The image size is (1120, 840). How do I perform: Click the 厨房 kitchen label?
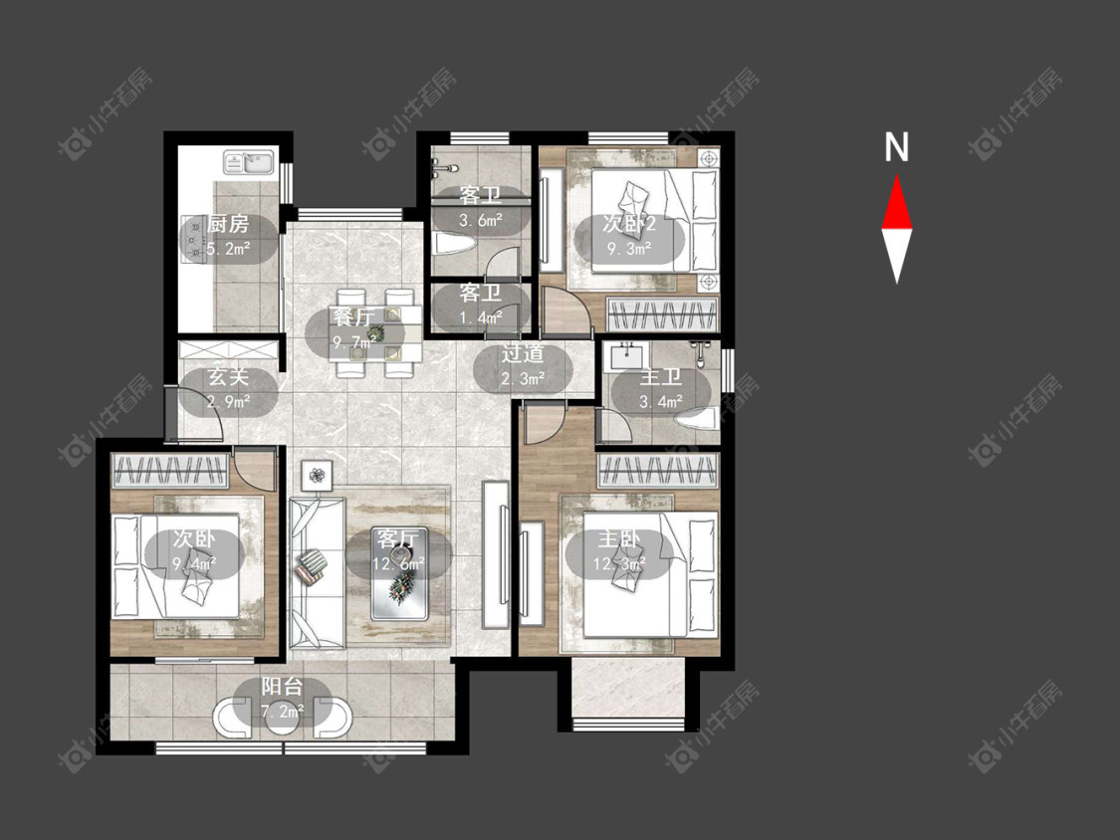pyautogui.click(x=229, y=224)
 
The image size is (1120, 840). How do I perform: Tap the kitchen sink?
pyautogui.click(x=249, y=162)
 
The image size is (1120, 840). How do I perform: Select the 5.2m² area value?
pyautogui.click(x=229, y=249)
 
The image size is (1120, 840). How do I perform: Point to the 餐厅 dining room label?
pyautogui.click(x=353, y=316)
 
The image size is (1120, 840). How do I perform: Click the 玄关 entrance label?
pyautogui.click(x=228, y=376)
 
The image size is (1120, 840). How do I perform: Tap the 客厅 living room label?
pyautogui.click(x=398, y=539)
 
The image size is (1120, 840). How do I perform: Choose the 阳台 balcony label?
pyautogui.click(x=282, y=687)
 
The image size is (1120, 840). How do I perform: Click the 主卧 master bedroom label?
pyautogui.click(x=618, y=538)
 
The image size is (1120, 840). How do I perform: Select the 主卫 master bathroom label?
pyautogui.click(x=660, y=376)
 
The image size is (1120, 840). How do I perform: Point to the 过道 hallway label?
pyautogui.click(x=522, y=353)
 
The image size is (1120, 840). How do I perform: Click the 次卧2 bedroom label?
pyautogui.click(x=629, y=224)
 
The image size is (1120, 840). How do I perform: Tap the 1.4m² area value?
pyautogui.click(x=481, y=317)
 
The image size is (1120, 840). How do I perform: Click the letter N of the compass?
pyautogui.click(x=896, y=147)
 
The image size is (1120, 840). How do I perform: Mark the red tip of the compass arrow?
pyautogui.click(x=897, y=176)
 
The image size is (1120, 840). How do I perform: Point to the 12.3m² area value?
pyautogui.click(x=619, y=565)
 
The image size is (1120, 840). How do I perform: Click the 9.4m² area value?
pyautogui.click(x=194, y=565)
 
